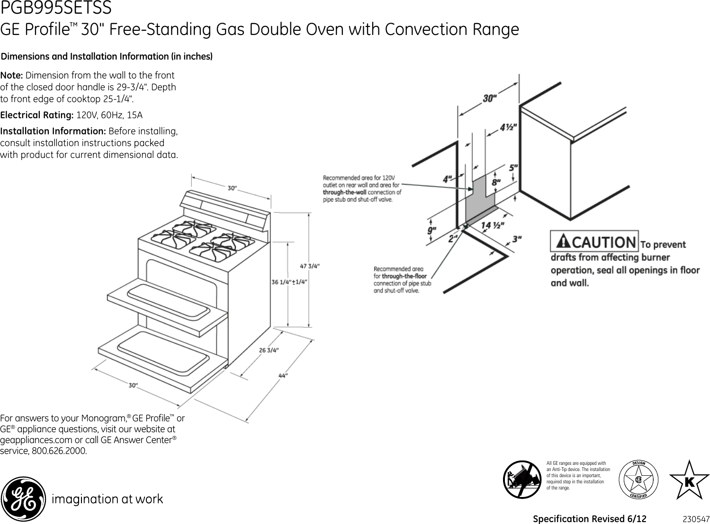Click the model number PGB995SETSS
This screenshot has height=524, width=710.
point(56,8)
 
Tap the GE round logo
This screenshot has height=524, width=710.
point(23,498)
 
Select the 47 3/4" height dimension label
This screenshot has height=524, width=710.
point(310,266)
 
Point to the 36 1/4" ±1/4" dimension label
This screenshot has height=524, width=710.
point(289,282)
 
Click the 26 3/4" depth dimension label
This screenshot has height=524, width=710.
point(269,350)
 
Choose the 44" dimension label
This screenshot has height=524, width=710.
point(283,376)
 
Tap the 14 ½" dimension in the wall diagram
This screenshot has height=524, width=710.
point(493,226)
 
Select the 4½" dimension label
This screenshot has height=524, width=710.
point(508,127)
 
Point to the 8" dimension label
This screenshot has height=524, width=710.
point(496,182)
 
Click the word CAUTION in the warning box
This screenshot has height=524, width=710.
point(604,242)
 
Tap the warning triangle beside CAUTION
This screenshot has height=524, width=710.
point(563,242)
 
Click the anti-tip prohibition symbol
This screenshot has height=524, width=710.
point(522,479)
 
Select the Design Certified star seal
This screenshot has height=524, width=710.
point(638,479)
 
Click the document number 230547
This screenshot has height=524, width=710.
point(696,519)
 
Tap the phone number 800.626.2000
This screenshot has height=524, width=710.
point(59,451)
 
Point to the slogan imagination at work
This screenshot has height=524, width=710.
point(107,499)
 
